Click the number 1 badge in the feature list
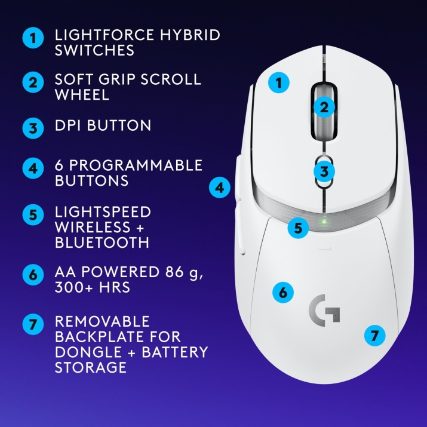coord(33,38)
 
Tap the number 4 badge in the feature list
coord(33,168)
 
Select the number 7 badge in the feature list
coord(33,324)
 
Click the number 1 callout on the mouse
coord(278,82)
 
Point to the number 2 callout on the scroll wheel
coord(324,107)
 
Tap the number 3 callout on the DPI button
coord(324,171)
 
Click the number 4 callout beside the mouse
coord(220,188)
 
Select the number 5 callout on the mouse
coord(298,228)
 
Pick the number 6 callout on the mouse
coord(283,293)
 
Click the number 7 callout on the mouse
coord(374,335)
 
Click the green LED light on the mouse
coord(324,221)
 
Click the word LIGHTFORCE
coord(105,35)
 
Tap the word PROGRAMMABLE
coord(136,165)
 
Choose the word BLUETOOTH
coord(102,242)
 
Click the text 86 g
coord(184,272)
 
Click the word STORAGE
coord(91,367)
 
